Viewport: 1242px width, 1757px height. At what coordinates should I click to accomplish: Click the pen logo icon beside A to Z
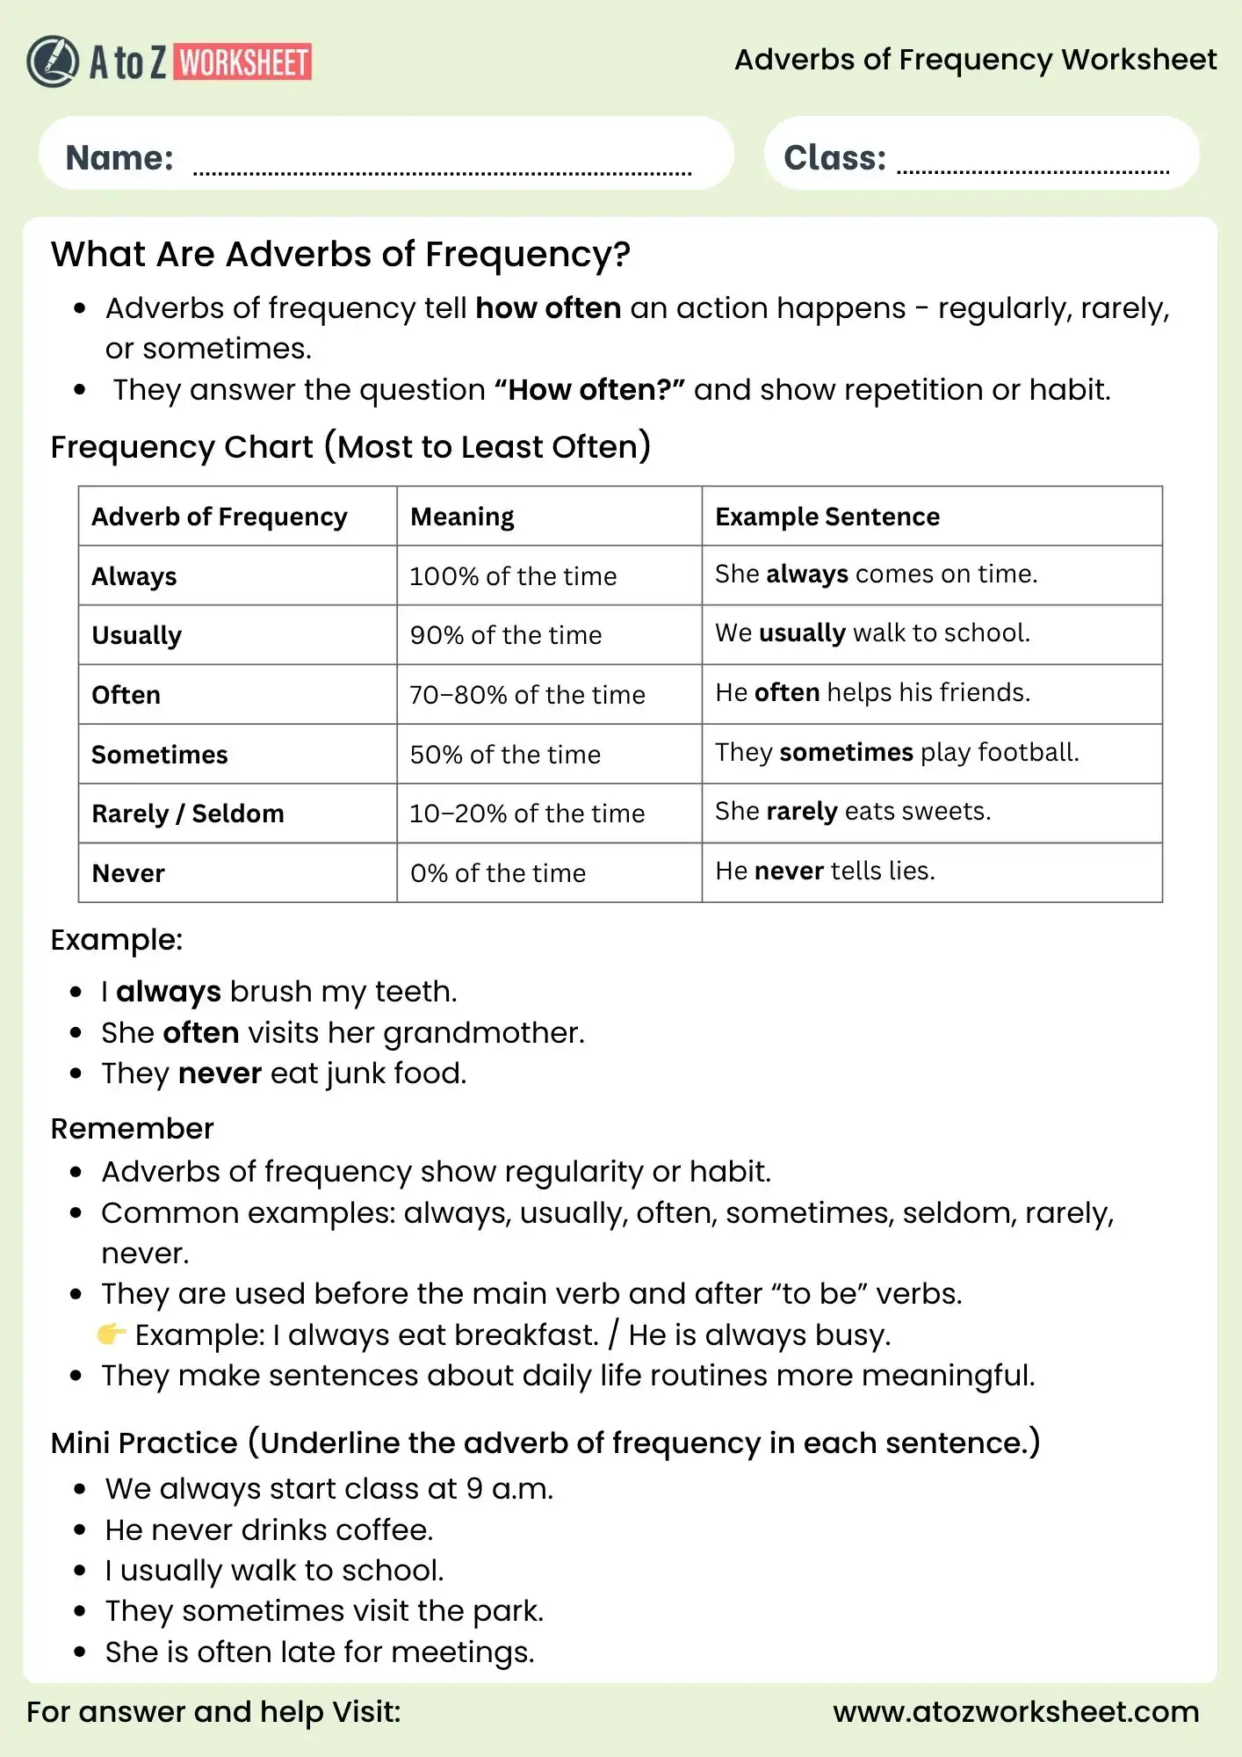pos(52,61)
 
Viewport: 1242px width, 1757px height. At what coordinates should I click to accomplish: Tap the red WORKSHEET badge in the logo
pos(243,62)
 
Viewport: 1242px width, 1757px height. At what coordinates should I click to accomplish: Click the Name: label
pos(119,158)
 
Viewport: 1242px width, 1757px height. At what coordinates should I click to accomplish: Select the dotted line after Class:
pos(1033,171)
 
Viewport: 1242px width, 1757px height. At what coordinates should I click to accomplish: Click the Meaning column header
pos(462,517)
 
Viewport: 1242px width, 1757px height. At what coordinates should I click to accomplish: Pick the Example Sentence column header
pos(827,517)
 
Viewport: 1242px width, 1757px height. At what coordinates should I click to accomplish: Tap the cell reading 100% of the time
pos(513,576)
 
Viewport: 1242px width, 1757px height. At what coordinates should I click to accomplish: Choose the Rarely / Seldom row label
pos(187,813)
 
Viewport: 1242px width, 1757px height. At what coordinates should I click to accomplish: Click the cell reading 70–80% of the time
pos(527,695)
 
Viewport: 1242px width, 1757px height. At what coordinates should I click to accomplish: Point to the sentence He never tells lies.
pos(825,871)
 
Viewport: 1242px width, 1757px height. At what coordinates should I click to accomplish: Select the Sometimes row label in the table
pos(159,755)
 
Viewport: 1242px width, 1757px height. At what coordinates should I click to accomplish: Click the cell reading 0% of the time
pos(497,873)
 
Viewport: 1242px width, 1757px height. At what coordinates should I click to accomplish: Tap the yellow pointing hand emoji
pos(111,1334)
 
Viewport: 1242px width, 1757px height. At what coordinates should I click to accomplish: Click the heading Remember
pos(132,1129)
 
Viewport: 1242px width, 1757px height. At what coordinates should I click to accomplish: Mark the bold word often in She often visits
pos(200,1032)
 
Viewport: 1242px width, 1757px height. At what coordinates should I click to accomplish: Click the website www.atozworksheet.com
pos(1015,1711)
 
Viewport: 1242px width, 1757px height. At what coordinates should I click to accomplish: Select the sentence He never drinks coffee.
pos(269,1529)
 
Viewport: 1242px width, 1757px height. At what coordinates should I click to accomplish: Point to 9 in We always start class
pos(474,1489)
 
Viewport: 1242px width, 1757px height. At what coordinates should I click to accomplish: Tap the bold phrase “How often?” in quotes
pos(589,390)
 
